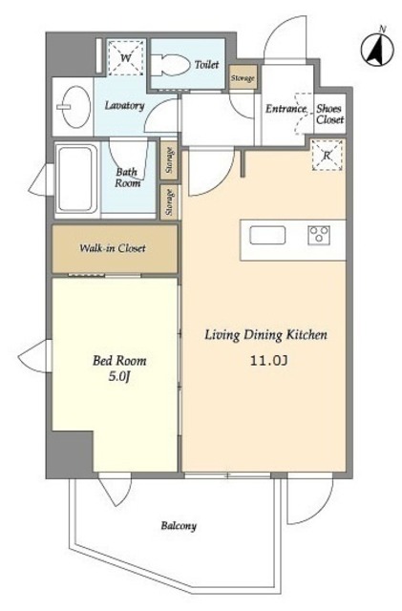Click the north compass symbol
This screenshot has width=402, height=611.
point(378,50)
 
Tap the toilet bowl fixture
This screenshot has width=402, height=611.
point(170,65)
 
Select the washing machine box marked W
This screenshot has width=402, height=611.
point(125,57)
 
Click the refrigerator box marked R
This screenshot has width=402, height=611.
point(328,155)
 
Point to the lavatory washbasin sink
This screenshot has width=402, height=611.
point(75,106)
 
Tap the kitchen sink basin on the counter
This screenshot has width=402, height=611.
point(267,236)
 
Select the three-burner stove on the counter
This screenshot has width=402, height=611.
point(319,236)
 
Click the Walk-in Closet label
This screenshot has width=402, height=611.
point(113,248)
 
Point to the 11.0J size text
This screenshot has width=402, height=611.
point(268,361)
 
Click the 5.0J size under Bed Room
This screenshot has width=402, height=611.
point(118,377)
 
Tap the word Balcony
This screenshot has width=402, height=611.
point(179,526)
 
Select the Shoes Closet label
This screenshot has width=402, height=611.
point(329,115)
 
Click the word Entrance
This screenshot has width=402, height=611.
point(286,109)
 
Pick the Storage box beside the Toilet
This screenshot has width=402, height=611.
point(243,77)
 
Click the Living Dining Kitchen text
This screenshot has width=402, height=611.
point(265,335)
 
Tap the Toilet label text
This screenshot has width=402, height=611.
point(206,64)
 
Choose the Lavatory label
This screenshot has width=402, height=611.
point(125,106)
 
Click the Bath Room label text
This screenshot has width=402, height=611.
point(128,178)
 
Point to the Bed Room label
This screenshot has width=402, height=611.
point(119,361)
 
